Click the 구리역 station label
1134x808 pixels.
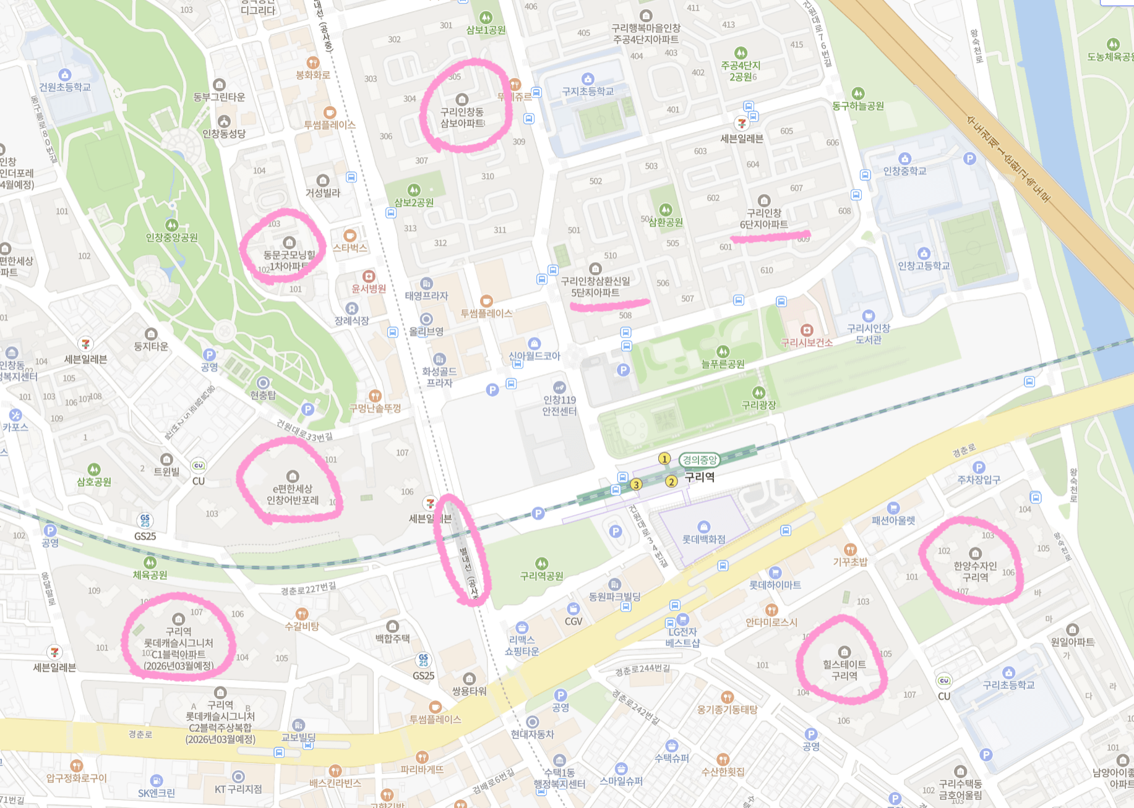pos(699,477)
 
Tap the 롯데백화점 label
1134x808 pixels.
pos(703,539)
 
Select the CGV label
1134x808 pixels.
pos(573,621)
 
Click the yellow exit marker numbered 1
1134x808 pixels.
pos(664,459)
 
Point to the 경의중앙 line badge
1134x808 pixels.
pos(699,460)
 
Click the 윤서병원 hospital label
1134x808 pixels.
pos(369,288)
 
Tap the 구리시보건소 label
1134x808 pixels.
pos(806,342)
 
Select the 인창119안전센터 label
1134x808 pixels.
pos(559,406)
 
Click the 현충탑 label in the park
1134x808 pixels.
pos(263,395)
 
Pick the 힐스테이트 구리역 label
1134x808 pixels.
pos(844,670)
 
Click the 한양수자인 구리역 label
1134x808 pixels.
pos(975,571)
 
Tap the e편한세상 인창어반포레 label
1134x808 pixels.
pos(292,494)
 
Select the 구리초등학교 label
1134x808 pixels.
pos(1008,685)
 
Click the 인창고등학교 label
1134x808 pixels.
pos(923,266)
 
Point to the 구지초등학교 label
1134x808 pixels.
pos(587,91)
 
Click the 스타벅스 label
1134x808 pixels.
pos(350,247)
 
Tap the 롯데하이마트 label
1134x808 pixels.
pos(775,584)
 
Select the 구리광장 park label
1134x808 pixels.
pos(758,405)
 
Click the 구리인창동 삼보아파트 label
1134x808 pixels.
pos(462,117)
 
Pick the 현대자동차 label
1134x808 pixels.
pos(532,734)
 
